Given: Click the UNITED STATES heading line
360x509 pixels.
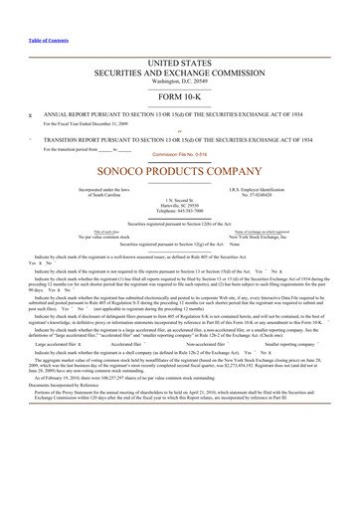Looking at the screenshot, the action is point(180,62).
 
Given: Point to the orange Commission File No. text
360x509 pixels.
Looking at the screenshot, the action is point(180,154).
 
